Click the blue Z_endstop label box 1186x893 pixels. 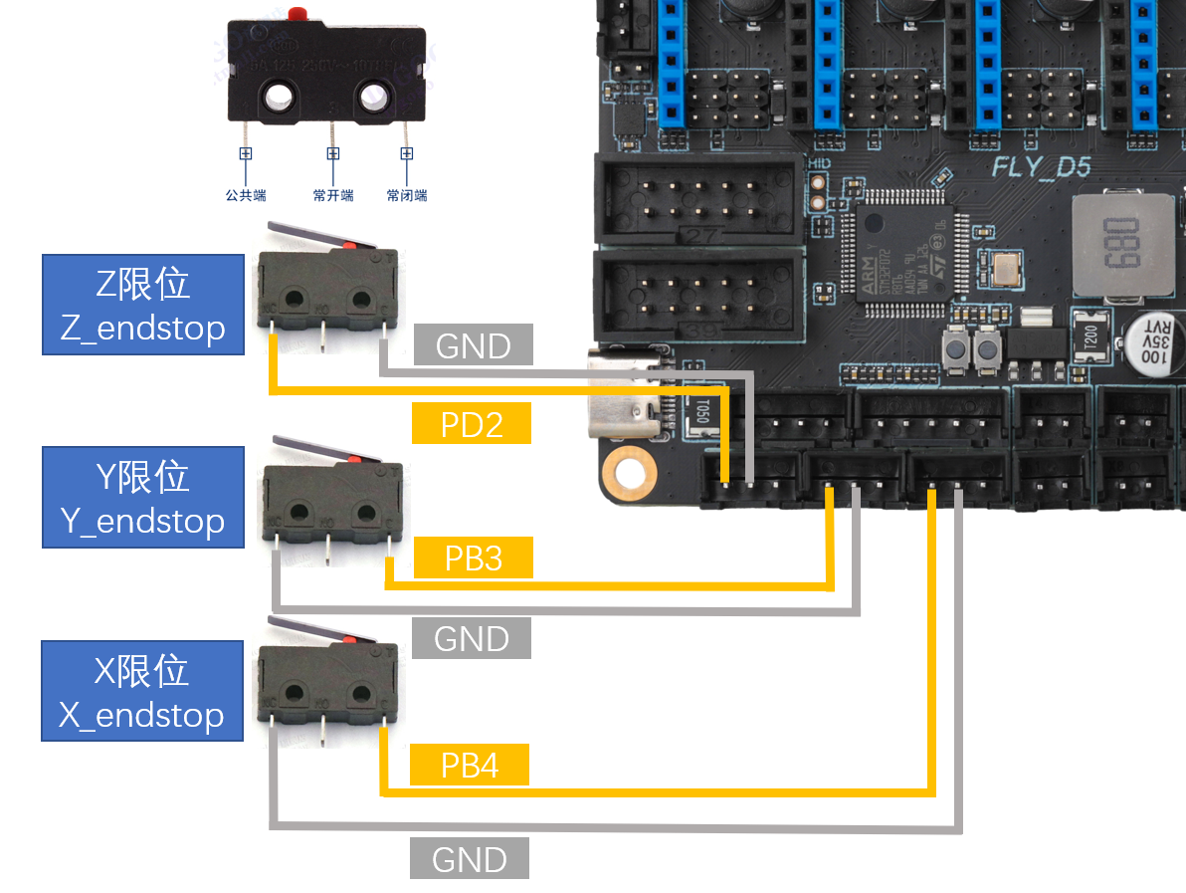pos(142,305)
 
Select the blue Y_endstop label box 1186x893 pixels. pos(142,497)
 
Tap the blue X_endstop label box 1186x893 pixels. pos(142,690)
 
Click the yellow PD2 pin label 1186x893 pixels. pos(472,424)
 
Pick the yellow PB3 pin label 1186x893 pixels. pos(473,558)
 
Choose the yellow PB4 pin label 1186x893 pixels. pos(470,765)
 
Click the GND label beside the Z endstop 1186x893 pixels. pos(473,345)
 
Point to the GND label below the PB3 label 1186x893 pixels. pos(471,638)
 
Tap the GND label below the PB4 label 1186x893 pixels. pos(470,858)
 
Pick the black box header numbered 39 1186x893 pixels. pos(696,295)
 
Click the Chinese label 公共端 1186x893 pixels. pos(246,196)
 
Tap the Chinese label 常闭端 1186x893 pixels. pos(407,196)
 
